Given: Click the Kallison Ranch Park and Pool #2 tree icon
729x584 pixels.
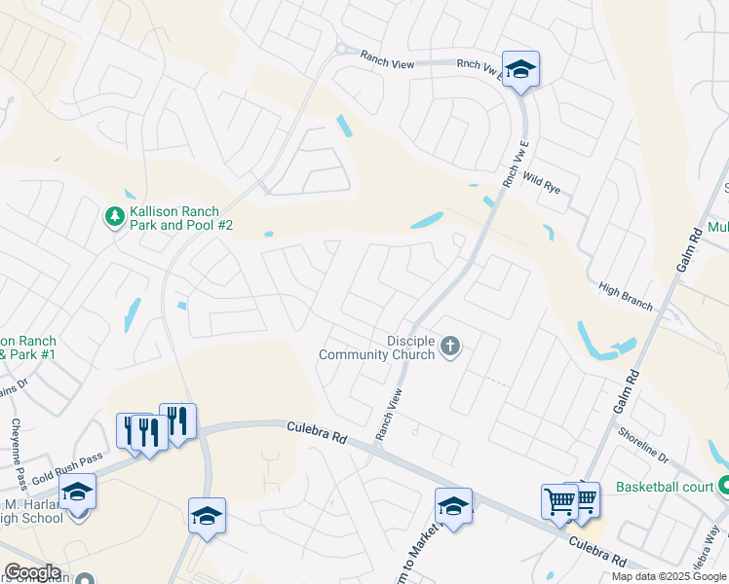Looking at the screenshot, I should pyautogui.click(x=115, y=214).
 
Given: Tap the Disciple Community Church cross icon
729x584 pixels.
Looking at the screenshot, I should pyautogui.click(x=449, y=347).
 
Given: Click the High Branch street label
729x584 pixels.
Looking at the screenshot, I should pyautogui.click(x=626, y=297).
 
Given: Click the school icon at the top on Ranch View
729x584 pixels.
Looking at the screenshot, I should pyautogui.click(x=520, y=69).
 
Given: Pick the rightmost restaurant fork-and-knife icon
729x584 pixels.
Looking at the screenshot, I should pyautogui.click(x=177, y=421).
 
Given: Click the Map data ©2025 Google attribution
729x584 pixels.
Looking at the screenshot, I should pyautogui.click(x=669, y=576).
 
